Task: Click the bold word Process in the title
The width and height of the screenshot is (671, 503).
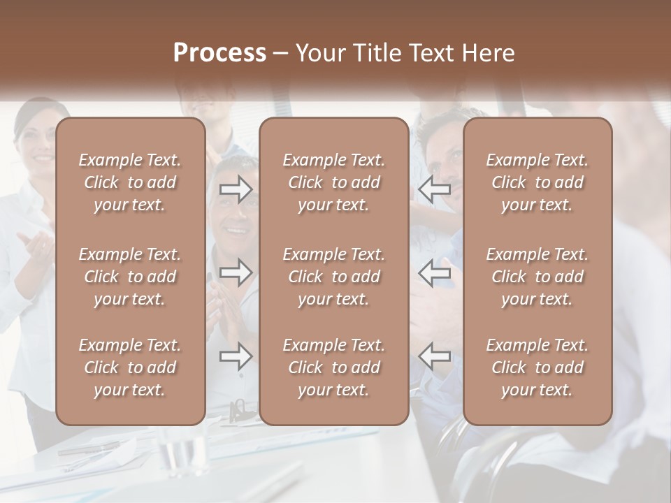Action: [x=219, y=53]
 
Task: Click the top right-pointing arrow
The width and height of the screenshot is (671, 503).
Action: [x=236, y=189]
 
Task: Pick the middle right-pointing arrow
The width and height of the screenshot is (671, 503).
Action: [x=236, y=272]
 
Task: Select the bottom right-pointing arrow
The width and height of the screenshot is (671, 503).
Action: [x=236, y=356]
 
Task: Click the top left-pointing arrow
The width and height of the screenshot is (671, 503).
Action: [x=434, y=189]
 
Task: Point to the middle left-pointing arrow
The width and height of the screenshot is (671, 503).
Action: [x=434, y=272]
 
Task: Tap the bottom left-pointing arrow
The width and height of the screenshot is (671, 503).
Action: [x=434, y=356]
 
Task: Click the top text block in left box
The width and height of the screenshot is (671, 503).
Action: [x=130, y=182]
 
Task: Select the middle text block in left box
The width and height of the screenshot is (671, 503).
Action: [x=130, y=277]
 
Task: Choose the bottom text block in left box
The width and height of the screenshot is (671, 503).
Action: [x=130, y=367]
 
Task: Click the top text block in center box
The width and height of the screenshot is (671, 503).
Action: [x=333, y=182]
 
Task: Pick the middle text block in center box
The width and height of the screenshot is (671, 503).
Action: [x=333, y=277]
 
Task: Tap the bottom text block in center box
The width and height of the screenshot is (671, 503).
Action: [x=333, y=367]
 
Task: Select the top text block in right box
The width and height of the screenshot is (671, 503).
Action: [x=537, y=182]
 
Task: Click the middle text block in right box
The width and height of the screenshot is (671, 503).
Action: [x=537, y=277]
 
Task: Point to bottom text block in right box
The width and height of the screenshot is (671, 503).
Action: [x=537, y=367]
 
